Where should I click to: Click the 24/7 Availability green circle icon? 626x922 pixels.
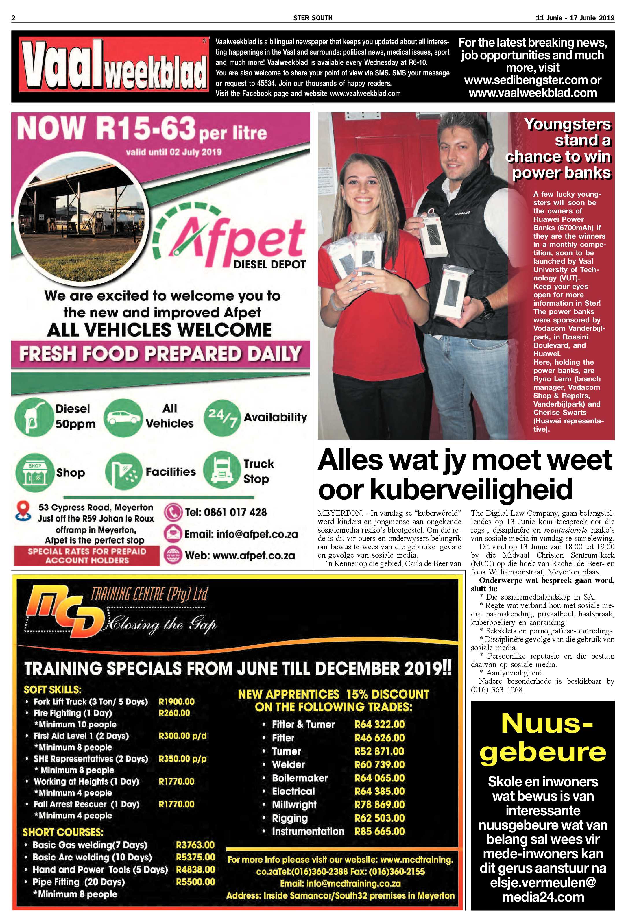pyautogui.click(x=222, y=418)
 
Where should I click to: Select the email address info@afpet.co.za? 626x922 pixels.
pyautogui.click(x=241, y=534)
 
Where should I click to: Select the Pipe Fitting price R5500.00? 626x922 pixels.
pyautogui.click(x=195, y=882)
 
